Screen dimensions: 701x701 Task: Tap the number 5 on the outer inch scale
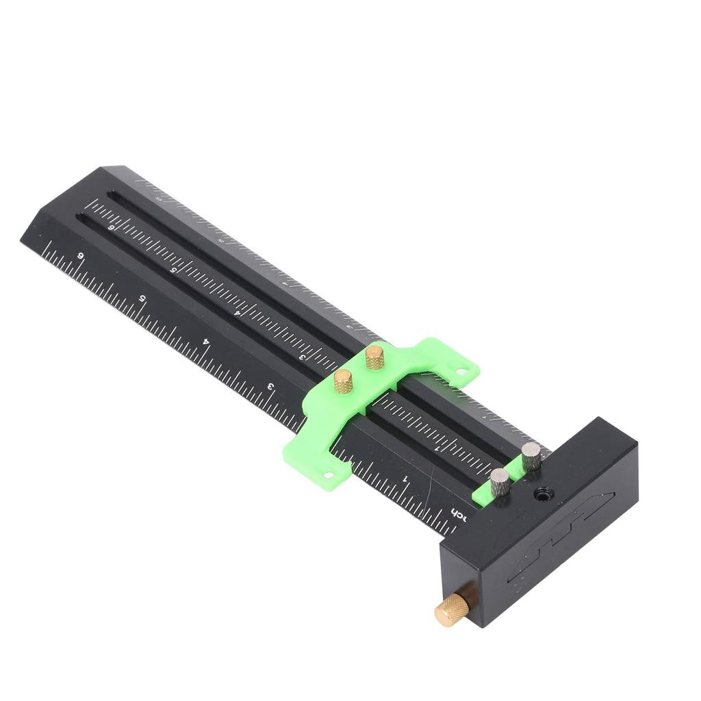point(142,298)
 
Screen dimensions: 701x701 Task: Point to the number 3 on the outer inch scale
point(271,387)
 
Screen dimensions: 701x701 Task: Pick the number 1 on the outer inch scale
point(406,478)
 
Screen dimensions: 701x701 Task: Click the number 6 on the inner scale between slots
point(112,228)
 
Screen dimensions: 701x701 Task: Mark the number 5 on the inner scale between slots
point(174,270)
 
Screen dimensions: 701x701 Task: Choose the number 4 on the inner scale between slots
point(237,313)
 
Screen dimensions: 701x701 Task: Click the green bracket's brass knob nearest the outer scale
point(343,381)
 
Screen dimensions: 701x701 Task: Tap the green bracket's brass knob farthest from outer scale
point(374,357)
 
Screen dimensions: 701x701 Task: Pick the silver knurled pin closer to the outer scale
point(500,482)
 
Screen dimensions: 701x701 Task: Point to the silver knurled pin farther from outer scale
point(531,456)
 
